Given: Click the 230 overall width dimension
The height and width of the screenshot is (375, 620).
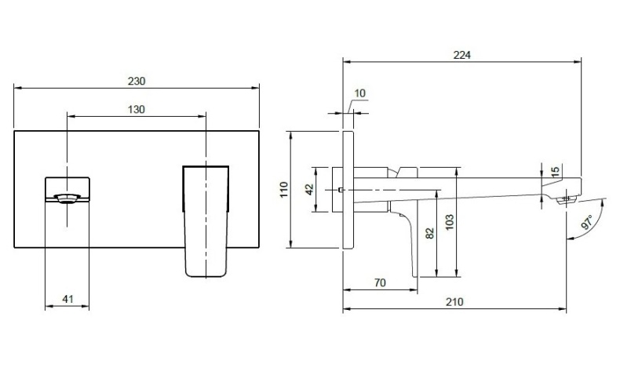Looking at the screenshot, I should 137,81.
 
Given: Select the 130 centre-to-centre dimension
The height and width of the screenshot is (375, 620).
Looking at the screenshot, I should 137,110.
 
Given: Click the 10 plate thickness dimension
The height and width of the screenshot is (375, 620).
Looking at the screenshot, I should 360,94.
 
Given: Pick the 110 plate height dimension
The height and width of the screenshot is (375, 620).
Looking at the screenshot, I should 285,191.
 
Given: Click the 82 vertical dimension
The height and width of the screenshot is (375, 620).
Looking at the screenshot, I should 428,233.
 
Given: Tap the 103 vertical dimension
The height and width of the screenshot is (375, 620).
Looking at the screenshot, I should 450,222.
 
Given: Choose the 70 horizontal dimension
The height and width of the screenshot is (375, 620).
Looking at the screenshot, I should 379,283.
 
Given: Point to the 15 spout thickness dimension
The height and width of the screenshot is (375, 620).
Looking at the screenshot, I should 555,171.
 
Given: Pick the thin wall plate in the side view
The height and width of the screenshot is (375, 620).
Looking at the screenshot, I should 348,191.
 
